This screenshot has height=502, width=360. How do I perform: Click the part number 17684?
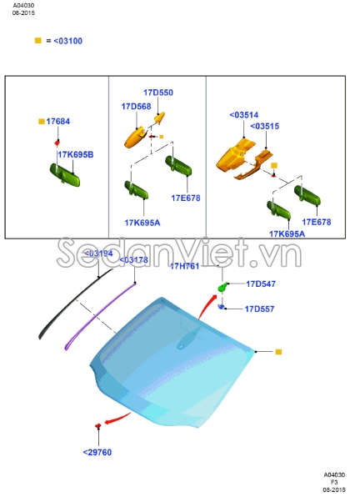[58, 122]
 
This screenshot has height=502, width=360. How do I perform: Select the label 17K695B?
[75, 155]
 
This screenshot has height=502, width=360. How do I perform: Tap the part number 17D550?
[158, 93]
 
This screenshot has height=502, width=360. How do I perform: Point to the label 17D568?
[136, 107]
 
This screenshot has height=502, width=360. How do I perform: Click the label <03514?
[243, 115]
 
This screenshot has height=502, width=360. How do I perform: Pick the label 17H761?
[185, 266]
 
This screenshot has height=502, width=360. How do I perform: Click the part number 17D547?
[259, 284]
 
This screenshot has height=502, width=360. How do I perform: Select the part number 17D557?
[259, 309]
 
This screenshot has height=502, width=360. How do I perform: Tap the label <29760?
[97, 452]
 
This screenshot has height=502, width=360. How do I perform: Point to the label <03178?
[134, 260]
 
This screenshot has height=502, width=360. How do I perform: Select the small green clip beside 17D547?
[222, 288]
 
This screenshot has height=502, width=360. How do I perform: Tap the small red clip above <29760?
[98, 427]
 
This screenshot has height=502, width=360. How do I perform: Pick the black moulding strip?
[71, 304]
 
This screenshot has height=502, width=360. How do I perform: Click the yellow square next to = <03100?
[37, 40]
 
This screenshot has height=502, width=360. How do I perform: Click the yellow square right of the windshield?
[278, 352]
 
